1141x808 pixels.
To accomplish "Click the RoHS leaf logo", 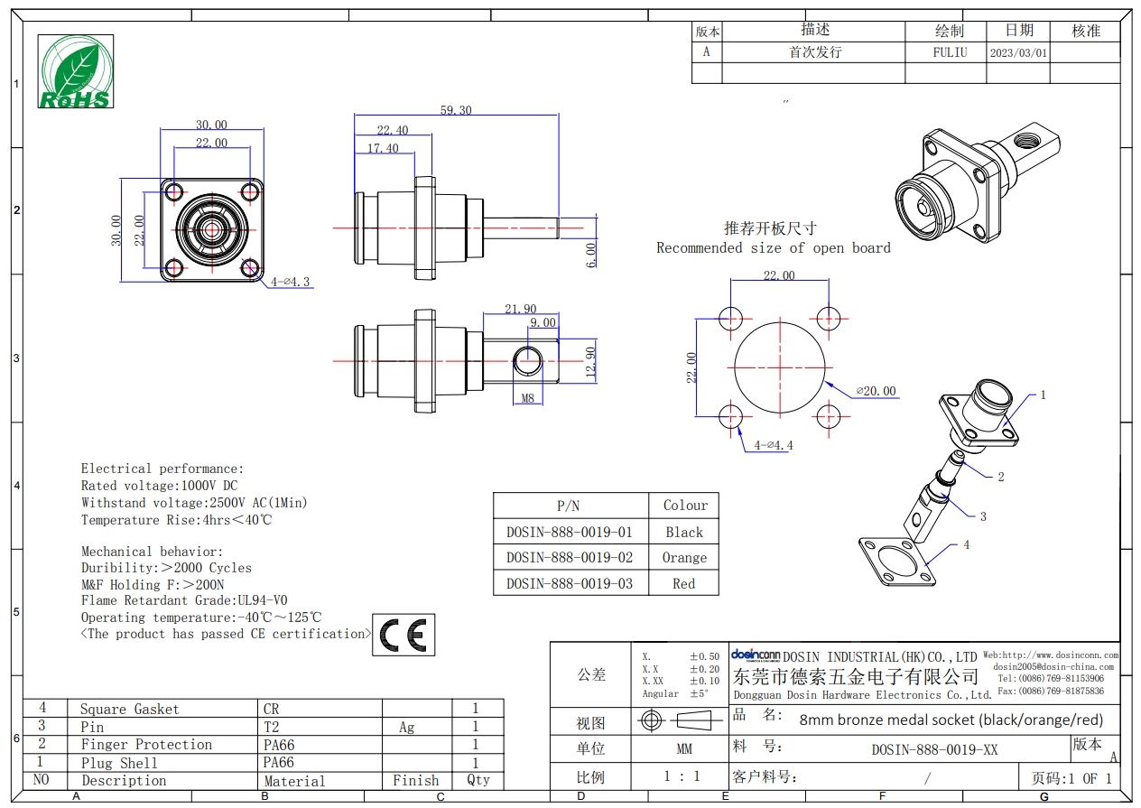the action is click(76, 71).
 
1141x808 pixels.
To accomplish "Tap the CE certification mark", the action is click(404, 635).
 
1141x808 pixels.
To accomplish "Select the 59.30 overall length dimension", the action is click(456, 110).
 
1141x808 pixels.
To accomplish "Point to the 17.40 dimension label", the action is click(383, 148).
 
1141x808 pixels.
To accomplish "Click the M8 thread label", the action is click(528, 398).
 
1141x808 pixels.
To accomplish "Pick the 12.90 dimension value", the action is click(589, 362).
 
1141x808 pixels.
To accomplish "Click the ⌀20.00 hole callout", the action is click(877, 391).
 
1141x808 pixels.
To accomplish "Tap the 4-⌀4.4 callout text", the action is click(774, 445).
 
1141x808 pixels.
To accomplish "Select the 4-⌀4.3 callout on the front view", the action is click(290, 282).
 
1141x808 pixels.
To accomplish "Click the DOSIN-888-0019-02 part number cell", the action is click(570, 558).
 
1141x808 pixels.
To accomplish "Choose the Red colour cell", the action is click(683, 584).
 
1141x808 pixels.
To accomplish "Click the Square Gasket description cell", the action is click(130, 710).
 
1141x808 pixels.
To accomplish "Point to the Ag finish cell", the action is click(406, 727).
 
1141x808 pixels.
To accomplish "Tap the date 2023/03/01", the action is click(1018, 53).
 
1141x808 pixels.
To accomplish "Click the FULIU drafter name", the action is click(950, 52).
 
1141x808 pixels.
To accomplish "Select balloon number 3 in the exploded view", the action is click(983, 516).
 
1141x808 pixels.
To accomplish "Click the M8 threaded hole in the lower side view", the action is click(528, 361).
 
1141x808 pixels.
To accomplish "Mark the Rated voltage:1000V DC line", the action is click(160, 486).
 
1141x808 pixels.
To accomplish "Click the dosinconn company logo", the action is click(756, 655).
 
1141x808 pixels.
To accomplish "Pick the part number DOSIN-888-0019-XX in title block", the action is click(934, 749).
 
